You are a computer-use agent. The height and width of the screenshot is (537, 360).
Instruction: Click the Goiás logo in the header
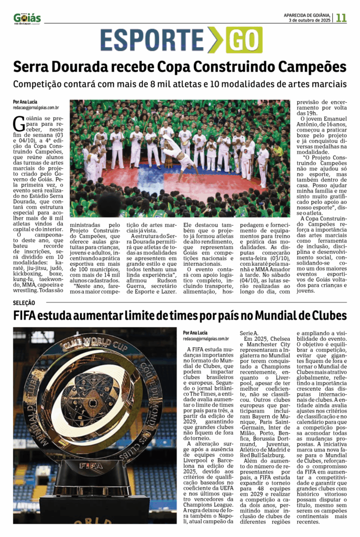pyautogui.click(x=27, y=18)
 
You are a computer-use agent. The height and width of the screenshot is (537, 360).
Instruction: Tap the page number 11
pyautogui.click(x=341, y=17)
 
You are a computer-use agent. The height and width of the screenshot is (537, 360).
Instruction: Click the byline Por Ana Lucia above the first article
pyautogui.click(x=25, y=102)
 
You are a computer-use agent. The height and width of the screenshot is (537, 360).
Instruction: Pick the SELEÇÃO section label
pyautogui.click(x=24, y=303)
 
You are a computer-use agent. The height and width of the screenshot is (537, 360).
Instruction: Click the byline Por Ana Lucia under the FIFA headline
pyautogui.click(x=196, y=332)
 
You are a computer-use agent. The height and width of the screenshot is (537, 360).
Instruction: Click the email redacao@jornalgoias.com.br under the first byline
pyautogui.click(x=36, y=108)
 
